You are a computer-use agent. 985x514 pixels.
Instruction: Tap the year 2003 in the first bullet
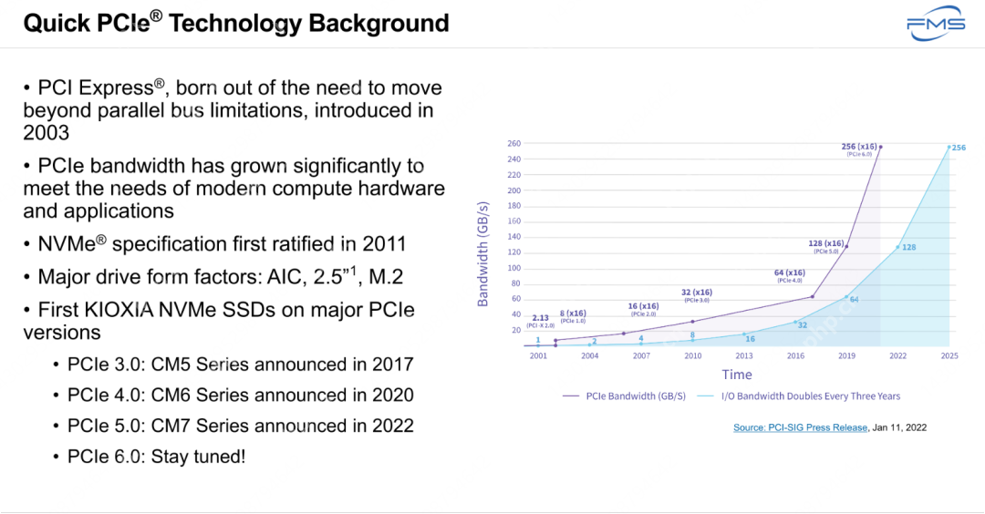[46, 133]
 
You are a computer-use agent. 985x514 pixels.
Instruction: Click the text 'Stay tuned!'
[194, 457]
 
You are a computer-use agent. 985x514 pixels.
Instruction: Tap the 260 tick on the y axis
[514, 143]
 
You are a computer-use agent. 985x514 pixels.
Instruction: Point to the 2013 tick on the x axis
[745, 355]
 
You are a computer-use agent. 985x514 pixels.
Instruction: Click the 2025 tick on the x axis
[949, 355]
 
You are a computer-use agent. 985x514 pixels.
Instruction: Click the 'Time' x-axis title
[737, 375]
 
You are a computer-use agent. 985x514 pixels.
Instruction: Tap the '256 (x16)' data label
[859, 146]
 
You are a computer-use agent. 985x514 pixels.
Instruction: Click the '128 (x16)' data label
[826, 243]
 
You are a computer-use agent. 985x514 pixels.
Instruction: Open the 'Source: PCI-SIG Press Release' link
[800, 427]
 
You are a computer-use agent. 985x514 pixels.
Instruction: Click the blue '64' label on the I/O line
[854, 299]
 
